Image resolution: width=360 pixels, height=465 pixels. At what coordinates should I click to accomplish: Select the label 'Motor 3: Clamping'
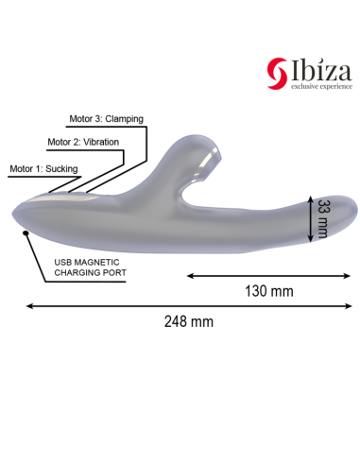(x=107, y=120)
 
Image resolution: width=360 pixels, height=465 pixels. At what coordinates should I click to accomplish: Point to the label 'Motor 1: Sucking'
(x=43, y=168)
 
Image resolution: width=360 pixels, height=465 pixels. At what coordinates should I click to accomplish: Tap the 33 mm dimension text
(x=323, y=220)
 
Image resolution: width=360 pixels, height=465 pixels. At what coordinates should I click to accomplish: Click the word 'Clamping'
(x=126, y=120)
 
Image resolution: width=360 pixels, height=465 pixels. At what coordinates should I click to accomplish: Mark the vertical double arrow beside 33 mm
(x=309, y=220)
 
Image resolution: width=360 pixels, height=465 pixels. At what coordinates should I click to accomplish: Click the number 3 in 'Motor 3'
(x=95, y=120)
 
